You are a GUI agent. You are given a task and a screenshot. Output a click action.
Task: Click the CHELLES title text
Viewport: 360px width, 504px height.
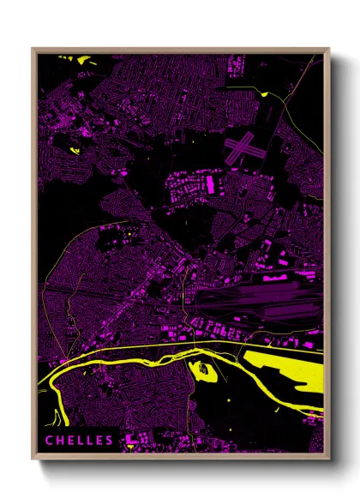point(79,441)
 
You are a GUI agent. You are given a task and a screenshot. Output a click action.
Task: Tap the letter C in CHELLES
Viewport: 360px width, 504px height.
point(50,441)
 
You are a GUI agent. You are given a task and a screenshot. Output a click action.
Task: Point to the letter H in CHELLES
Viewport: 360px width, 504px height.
point(60,441)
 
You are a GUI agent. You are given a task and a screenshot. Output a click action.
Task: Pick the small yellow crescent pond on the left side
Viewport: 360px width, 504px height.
point(73,151)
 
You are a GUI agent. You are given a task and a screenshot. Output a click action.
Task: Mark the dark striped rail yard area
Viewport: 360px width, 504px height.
point(257,303)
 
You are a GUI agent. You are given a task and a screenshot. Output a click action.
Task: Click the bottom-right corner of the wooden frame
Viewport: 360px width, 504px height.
point(328,458)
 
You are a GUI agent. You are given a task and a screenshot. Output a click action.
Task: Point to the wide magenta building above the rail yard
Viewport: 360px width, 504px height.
point(277,275)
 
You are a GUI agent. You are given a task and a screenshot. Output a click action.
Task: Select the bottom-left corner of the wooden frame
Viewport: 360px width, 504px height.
point(33,458)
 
